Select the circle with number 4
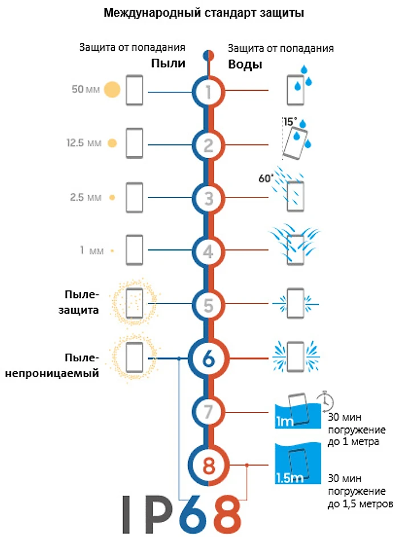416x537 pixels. pyautogui.click(x=209, y=251)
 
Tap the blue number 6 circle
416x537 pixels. pyautogui.click(x=209, y=359)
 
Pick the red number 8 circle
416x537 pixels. pyautogui.click(x=209, y=466)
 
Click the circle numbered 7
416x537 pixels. pyautogui.click(x=209, y=411)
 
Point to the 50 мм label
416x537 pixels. pyautogui.click(x=85, y=90)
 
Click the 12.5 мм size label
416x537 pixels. pyautogui.click(x=83, y=143)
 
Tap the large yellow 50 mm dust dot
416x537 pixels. pyautogui.click(x=112, y=90)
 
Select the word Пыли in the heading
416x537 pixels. pyautogui.click(x=168, y=63)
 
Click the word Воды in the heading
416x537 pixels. pyautogui.click(x=245, y=64)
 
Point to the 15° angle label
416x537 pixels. pyautogui.click(x=290, y=122)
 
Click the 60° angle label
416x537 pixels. pyautogui.click(x=266, y=177)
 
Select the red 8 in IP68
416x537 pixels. pyautogui.click(x=223, y=512)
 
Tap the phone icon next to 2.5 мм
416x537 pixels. pyautogui.click(x=134, y=197)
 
